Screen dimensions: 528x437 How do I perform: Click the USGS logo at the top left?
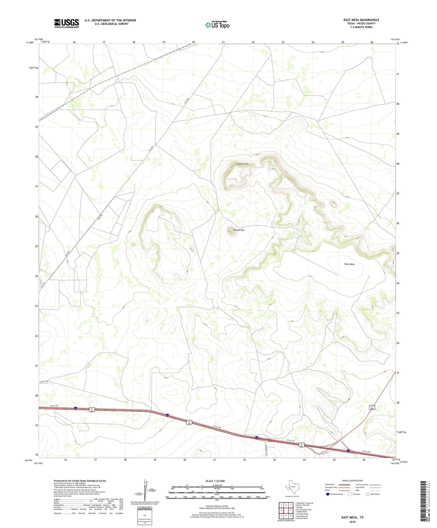click(66, 23)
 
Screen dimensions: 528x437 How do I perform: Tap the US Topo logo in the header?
click(217, 25)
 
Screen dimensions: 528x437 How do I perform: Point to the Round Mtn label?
click(239, 230)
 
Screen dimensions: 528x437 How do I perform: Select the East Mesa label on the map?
click(349, 264)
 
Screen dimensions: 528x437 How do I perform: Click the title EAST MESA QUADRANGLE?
click(361, 20)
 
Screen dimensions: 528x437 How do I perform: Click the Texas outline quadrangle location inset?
click(291, 486)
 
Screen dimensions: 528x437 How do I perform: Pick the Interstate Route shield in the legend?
click(328, 494)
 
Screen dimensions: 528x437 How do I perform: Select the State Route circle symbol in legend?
click(368, 494)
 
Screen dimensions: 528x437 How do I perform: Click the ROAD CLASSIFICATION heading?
click(352, 481)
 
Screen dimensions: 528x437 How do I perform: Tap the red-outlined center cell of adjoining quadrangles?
click(286, 510)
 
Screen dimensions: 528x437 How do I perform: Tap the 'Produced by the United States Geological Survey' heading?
click(80, 481)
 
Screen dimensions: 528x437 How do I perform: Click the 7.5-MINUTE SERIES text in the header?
click(361, 27)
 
